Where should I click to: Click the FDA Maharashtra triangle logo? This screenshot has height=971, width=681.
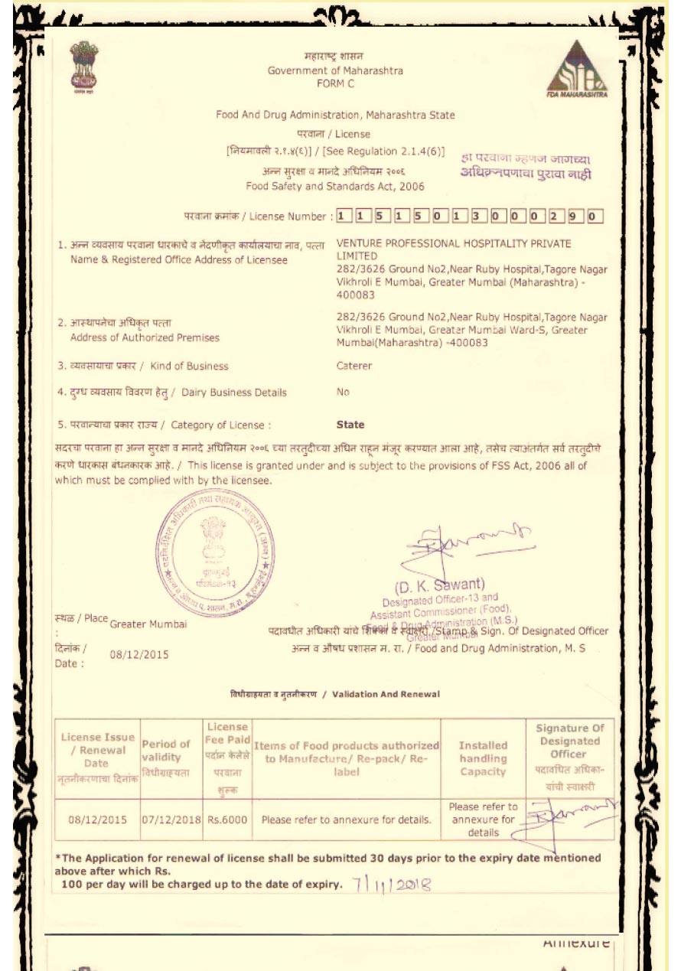coord(576,70)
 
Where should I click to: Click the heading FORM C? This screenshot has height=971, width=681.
coord(335,84)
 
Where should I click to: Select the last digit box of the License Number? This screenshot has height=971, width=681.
coord(595,217)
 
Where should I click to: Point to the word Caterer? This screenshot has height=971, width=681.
coord(354,366)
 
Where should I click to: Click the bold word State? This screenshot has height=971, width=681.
coord(350,425)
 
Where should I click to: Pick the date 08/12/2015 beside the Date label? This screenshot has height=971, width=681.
coord(139,655)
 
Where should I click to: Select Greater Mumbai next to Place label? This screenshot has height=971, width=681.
coord(148,624)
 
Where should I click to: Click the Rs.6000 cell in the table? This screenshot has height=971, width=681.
coord(227,819)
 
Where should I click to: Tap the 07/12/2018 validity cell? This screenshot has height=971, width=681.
coord(171,819)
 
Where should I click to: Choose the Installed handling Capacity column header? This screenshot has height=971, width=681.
coord(483,758)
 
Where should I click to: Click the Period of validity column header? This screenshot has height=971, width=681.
coord(165,750)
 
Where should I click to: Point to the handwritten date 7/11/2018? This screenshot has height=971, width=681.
coord(393,885)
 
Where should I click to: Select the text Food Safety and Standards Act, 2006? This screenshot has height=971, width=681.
coord(334,186)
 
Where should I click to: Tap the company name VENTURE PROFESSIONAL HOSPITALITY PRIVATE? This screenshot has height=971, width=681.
coord(454,243)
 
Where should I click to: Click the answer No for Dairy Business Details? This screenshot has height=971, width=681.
coord(343,393)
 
